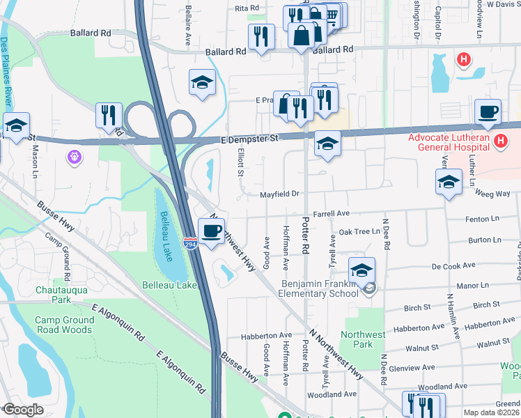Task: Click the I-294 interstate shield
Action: [190, 243]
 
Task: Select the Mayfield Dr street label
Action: [280, 194]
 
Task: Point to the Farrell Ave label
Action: [331, 214]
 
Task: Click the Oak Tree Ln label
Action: [357, 231]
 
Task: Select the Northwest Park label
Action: [364, 339]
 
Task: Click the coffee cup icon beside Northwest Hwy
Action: [211, 231]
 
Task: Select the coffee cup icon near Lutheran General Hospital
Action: [488, 111]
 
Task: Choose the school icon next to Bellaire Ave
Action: [202, 83]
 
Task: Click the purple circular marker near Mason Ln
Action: [75, 157]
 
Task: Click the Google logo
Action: [23, 410]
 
